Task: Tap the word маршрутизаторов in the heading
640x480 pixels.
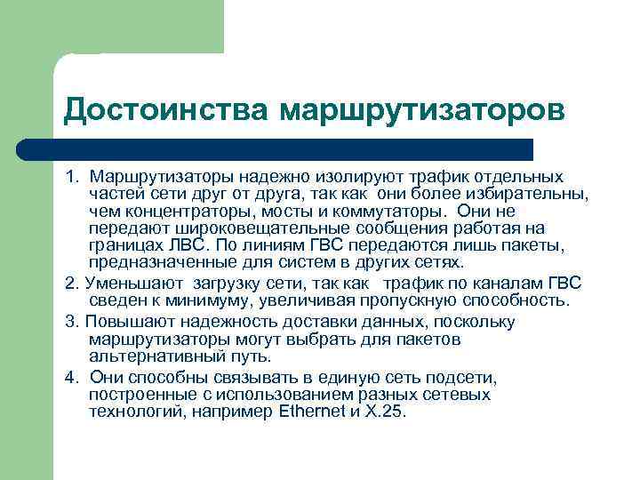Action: (x=421, y=111)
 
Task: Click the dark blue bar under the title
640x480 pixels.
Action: (x=298, y=149)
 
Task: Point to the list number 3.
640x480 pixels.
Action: (x=72, y=322)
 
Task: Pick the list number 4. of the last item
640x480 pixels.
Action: (x=72, y=376)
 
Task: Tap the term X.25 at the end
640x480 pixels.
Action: (x=384, y=412)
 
